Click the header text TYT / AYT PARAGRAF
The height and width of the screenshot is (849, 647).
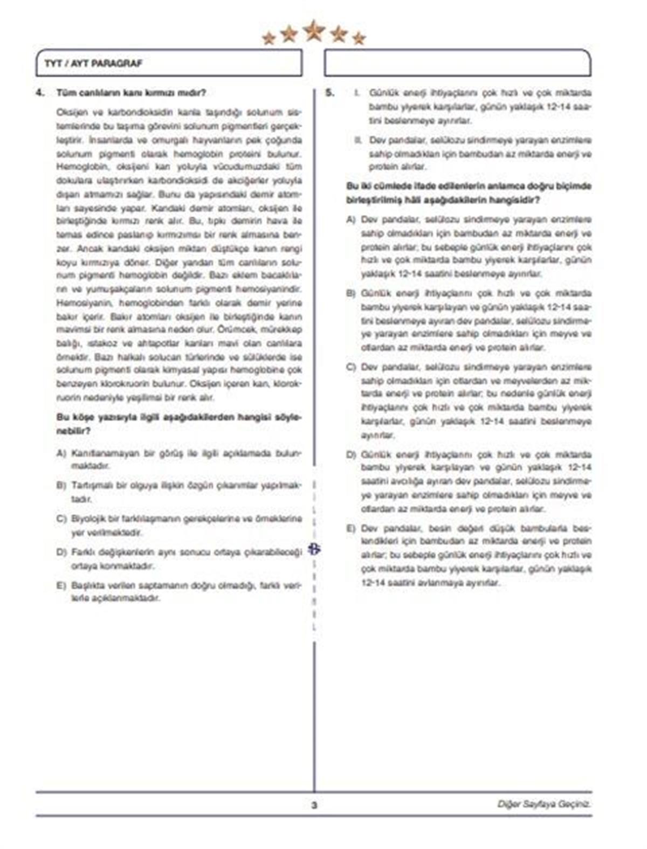click(x=93, y=64)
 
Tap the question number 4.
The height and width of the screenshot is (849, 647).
click(x=40, y=93)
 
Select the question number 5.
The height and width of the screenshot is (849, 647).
click(x=330, y=93)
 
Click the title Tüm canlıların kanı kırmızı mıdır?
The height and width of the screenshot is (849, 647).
click(x=131, y=93)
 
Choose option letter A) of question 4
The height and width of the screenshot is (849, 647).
click(x=61, y=453)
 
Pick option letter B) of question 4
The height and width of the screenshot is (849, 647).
click(x=61, y=486)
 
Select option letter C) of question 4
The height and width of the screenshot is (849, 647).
click(x=61, y=519)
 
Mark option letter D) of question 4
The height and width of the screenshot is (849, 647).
click(x=61, y=553)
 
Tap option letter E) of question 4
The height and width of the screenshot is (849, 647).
click(x=61, y=585)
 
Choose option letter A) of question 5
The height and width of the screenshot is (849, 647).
click(x=351, y=220)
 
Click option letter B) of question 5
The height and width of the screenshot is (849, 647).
click(x=351, y=294)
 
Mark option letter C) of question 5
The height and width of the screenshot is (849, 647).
click(x=351, y=368)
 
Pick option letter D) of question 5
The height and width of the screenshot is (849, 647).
click(x=351, y=455)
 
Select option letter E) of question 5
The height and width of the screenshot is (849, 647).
click(x=351, y=528)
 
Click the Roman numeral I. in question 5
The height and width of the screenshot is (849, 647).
click(x=357, y=93)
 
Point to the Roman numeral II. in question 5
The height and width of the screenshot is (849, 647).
click(x=358, y=140)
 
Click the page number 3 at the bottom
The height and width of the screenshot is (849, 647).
click(x=314, y=805)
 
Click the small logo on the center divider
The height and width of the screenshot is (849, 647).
click(x=314, y=549)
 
